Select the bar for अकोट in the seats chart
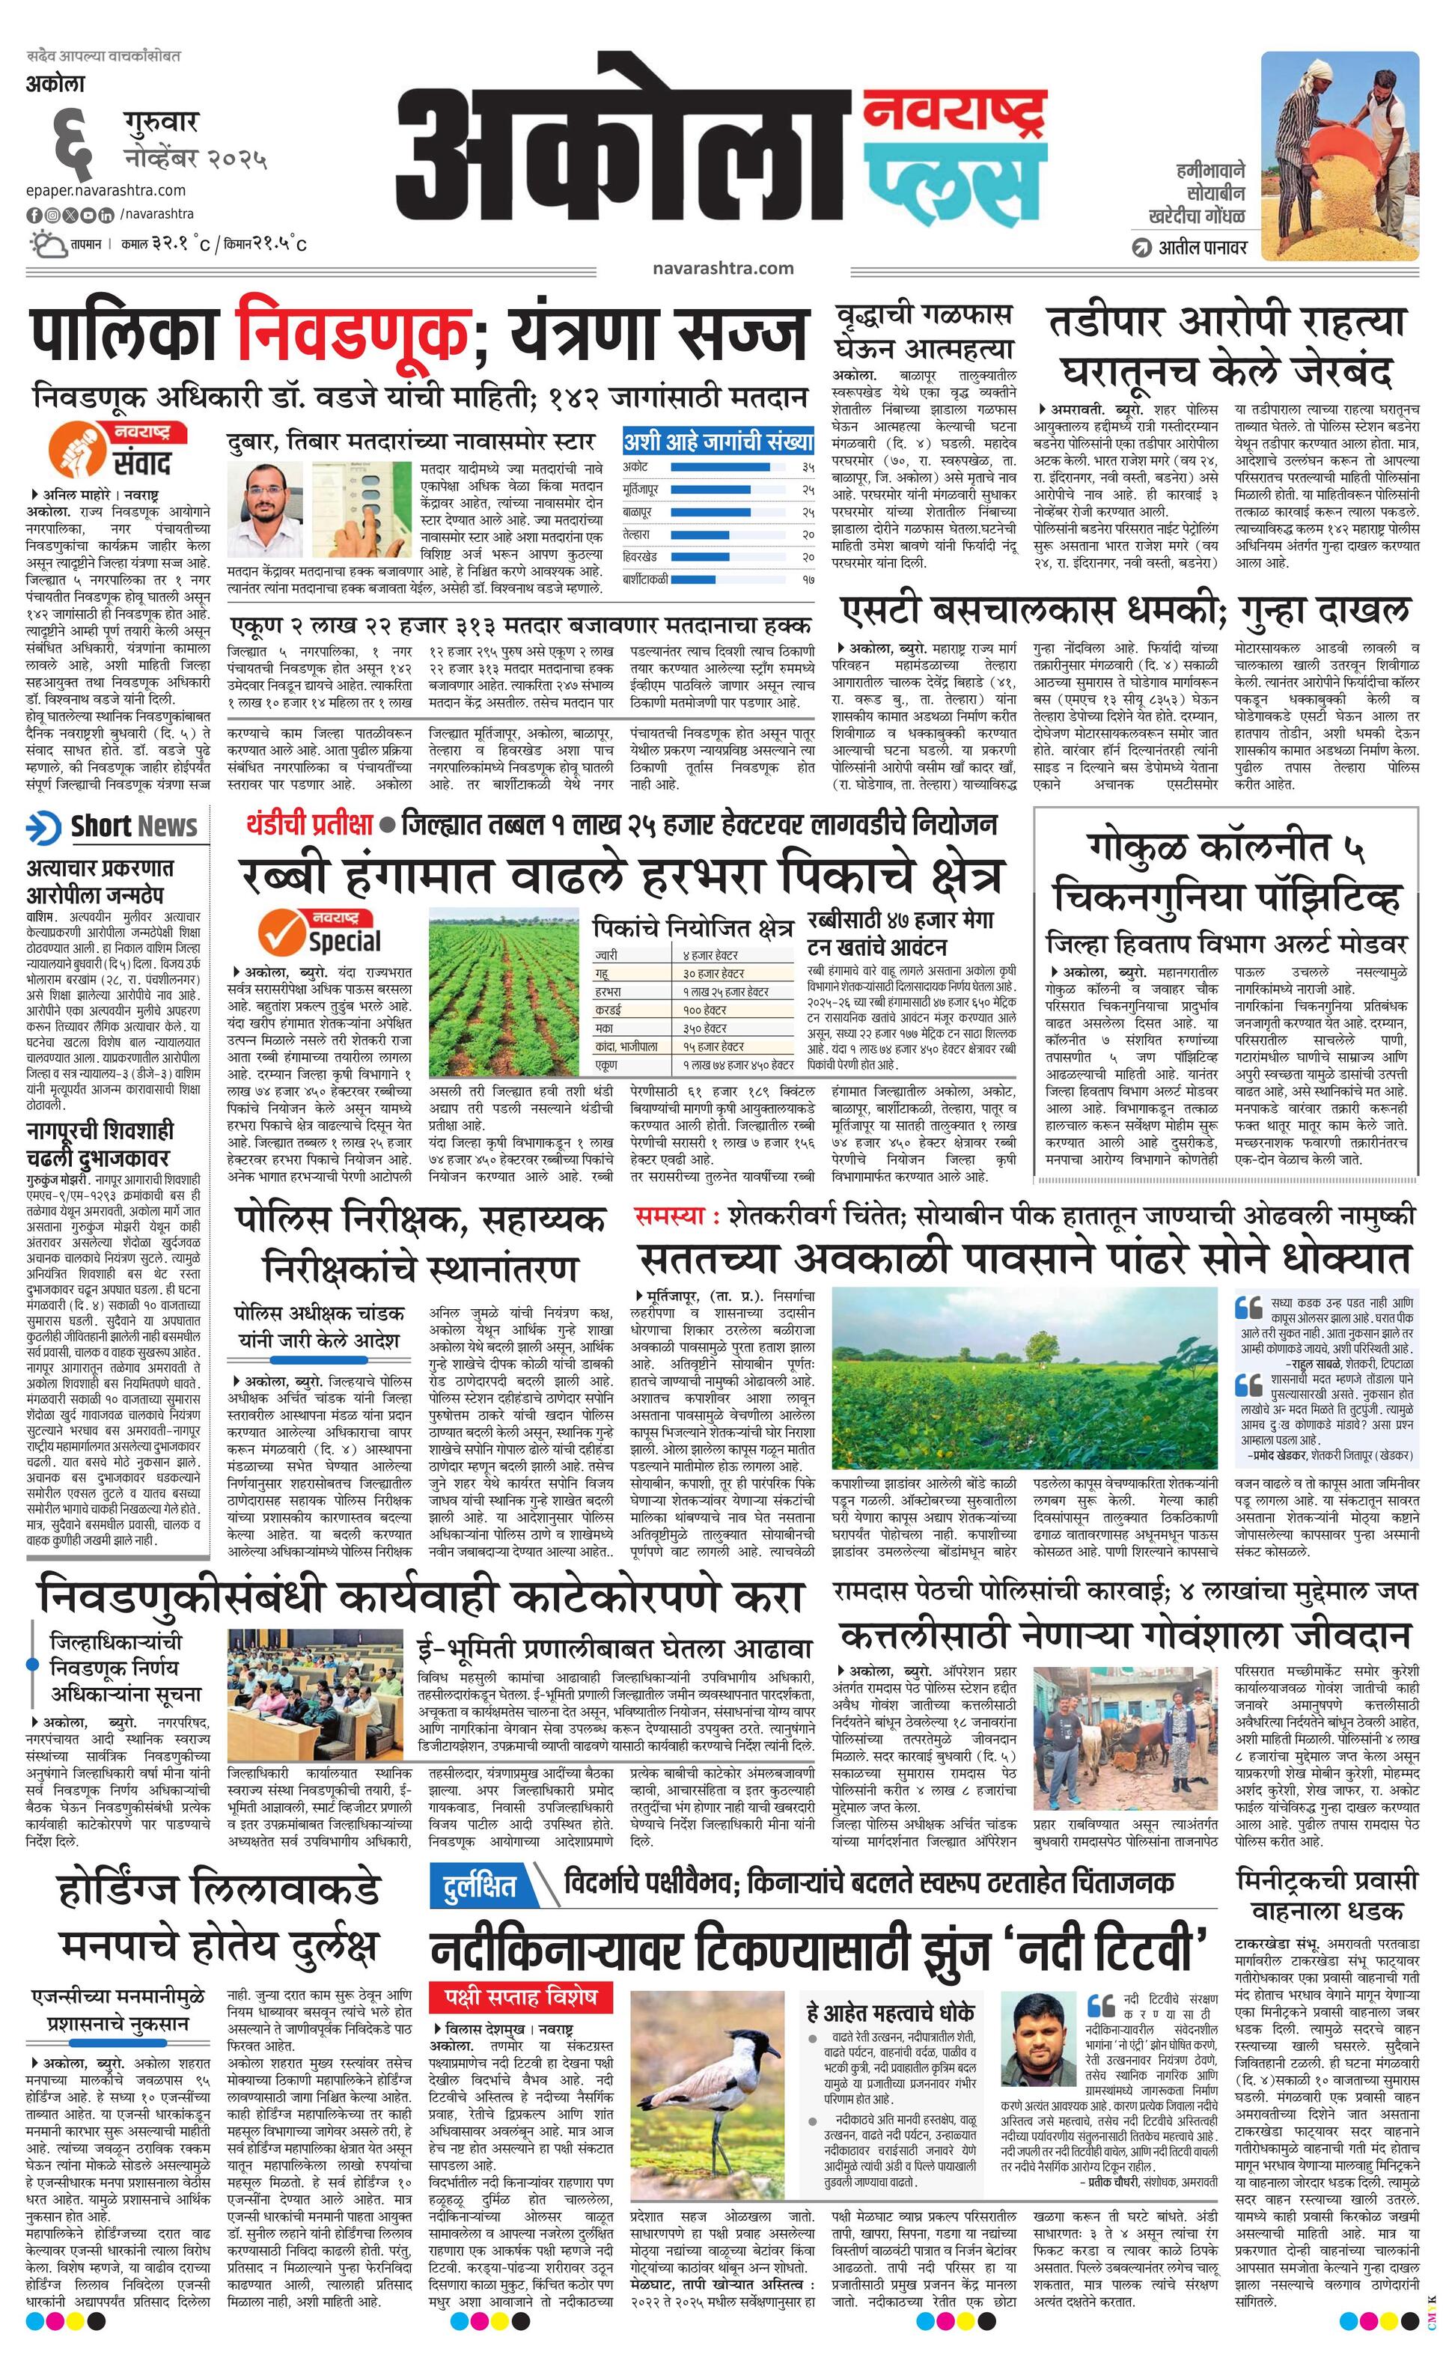coord(720,466)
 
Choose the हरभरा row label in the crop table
coord(608,991)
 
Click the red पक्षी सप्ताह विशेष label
coord(521,1993)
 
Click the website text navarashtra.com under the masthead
coord(722,268)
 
